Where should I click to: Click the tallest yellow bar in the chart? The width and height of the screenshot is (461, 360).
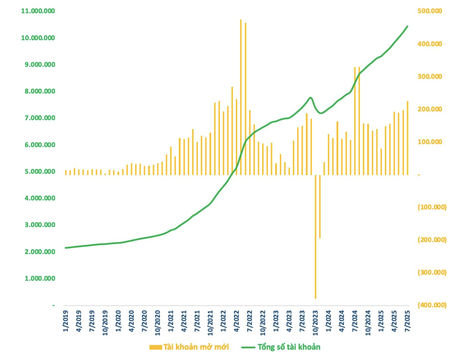[x=241, y=97]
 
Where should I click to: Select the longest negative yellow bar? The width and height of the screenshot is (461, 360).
[x=315, y=236]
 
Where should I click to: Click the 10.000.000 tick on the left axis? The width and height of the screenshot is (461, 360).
[x=38, y=38]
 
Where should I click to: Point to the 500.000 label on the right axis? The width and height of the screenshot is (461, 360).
[x=430, y=11]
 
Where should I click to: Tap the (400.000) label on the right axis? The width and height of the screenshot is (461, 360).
[x=432, y=305]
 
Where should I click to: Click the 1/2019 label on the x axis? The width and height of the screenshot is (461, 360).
[x=66, y=321]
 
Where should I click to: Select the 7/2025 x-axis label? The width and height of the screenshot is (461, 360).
[x=408, y=321]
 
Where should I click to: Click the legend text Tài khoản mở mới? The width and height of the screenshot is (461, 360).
[x=196, y=347]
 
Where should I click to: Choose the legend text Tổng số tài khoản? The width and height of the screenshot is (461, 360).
[x=289, y=347]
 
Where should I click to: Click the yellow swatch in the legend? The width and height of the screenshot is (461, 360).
[x=156, y=347]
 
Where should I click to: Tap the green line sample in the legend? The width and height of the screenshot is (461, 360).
[x=248, y=347]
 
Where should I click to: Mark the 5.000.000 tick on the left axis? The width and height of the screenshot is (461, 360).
[x=40, y=172]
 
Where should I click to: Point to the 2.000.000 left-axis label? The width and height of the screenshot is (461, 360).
[x=40, y=252]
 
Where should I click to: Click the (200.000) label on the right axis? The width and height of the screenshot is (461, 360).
[x=432, y=240]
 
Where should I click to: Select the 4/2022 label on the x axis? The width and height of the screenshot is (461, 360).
[x=237, y=321]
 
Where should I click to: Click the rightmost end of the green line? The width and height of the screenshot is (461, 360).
[x=407, y=26]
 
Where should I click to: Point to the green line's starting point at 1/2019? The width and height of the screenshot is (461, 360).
[x=66, y=248]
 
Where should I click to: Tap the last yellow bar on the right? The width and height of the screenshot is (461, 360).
[x=408, y=138]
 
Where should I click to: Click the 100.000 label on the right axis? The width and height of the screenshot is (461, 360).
[x=430, y=142]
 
